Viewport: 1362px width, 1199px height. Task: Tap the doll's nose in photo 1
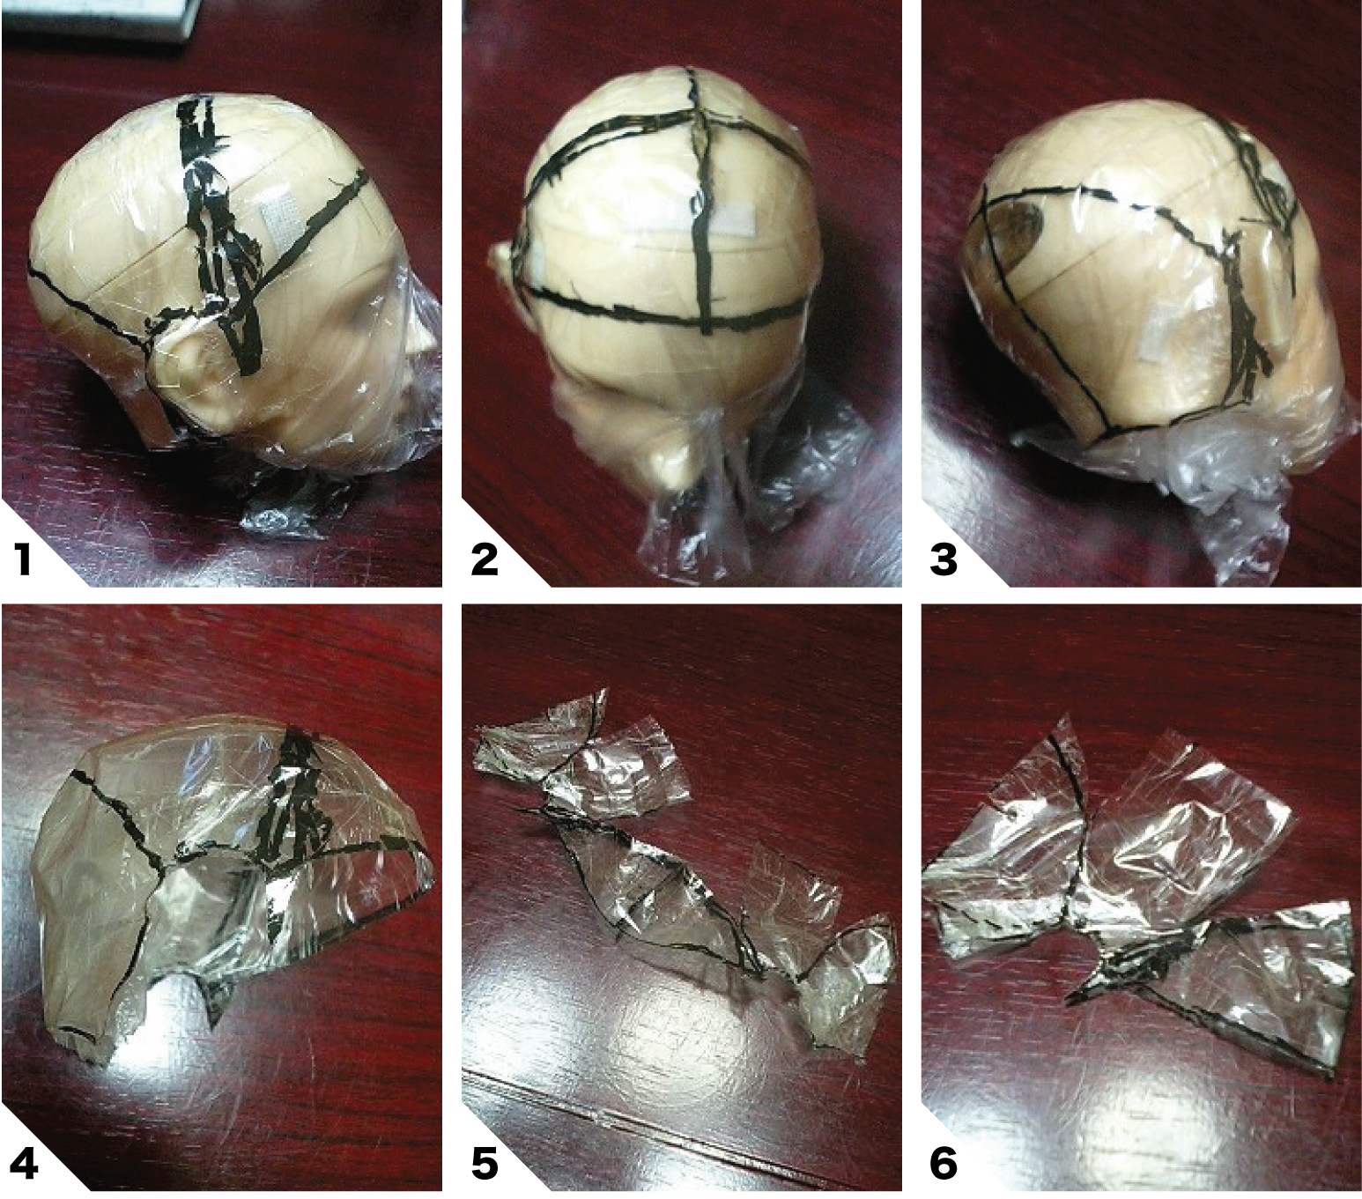point(424,339)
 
